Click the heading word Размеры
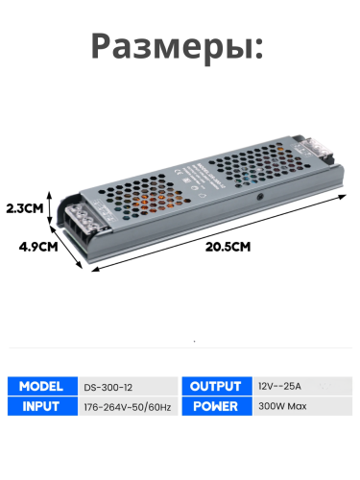(x=178, y=47)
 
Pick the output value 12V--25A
(x=279, y=386)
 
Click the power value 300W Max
(x=282, y=405)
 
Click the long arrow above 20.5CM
(x=221, y=233)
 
